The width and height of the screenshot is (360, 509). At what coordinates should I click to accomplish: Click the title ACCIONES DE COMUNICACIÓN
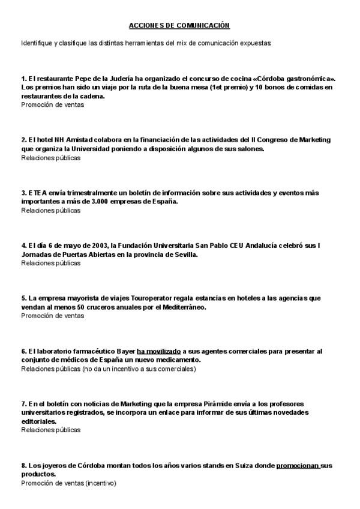(179, 25)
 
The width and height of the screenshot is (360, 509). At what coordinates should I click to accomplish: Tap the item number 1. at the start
(23, 79)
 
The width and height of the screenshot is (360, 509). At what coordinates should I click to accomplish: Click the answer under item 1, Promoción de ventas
(53, 104)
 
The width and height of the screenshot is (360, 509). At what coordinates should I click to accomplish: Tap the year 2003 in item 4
(85, 245)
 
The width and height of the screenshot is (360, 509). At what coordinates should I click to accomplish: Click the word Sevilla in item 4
(184, 254)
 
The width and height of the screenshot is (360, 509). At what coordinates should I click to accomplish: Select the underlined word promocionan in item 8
(298, 465)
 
